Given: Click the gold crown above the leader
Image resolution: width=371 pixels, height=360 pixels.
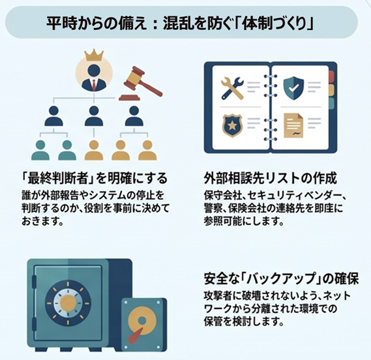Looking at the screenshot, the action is pyautogui.click(x=94, y=55).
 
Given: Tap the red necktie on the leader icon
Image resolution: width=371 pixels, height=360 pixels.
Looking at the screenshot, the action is pyautogui.click(x=94, y=85).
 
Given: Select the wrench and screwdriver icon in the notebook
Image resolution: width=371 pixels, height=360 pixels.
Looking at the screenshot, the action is pyautogui.click(x=232, y=88).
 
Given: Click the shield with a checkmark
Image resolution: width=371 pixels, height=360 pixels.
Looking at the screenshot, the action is pyautogui.click(x=293, y=88).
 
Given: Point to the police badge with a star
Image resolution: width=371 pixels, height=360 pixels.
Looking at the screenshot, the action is pyautogui.click(x=232, y=125).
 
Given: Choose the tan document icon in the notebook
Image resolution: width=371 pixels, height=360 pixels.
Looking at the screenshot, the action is pyautogui.click(x=293, y=125).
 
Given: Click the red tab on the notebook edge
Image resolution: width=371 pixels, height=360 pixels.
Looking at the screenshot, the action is pyautogui.click(x=331, y=76).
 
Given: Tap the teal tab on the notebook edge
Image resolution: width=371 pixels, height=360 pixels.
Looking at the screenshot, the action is pyautogui.click(x=331, y=103).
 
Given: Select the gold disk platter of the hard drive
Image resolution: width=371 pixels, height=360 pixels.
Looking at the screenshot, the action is pyautogui.click(x=142, y=322).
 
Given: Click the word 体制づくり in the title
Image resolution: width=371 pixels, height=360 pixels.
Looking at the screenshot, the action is pyautogui.click(x=275, y=23).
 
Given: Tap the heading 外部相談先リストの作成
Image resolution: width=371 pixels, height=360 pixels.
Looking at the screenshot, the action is pyautogui.click(x=270, y=178).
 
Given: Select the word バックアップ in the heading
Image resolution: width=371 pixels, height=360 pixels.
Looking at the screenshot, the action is pyautogui.click(x=280, y=279).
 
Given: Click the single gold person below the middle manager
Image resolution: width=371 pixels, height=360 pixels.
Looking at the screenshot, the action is pyautogui.click(x=94, y=150).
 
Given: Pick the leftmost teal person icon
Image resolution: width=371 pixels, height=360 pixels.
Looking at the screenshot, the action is pyautogui.click(x=40, y=150).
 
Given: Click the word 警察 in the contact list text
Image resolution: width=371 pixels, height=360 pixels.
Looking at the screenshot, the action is pyautogui.click(x=213, y=208).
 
